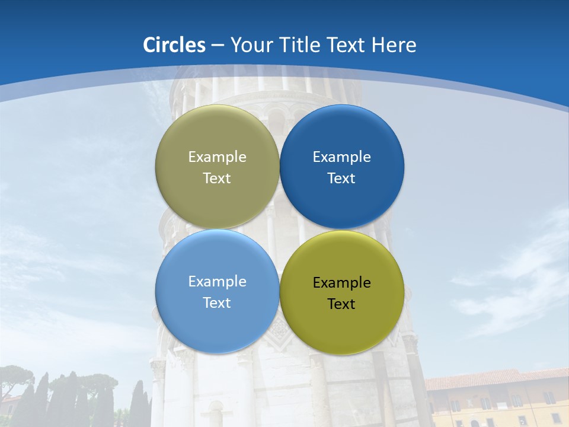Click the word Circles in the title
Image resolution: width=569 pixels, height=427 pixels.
pos(174,45)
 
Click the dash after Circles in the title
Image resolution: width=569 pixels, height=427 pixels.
pos(217,46)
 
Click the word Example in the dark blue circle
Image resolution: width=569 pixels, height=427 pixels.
pos(341,157)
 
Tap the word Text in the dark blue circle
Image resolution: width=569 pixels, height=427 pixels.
pos(341,179)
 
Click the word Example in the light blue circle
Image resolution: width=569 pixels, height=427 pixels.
pos(217,282)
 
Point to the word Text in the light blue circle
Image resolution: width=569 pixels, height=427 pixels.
pos(217,303)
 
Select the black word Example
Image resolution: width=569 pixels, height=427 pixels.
pos(341,283)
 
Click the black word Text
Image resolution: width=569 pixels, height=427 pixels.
pos(341,304)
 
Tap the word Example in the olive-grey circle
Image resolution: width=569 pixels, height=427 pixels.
pos(217,157)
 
